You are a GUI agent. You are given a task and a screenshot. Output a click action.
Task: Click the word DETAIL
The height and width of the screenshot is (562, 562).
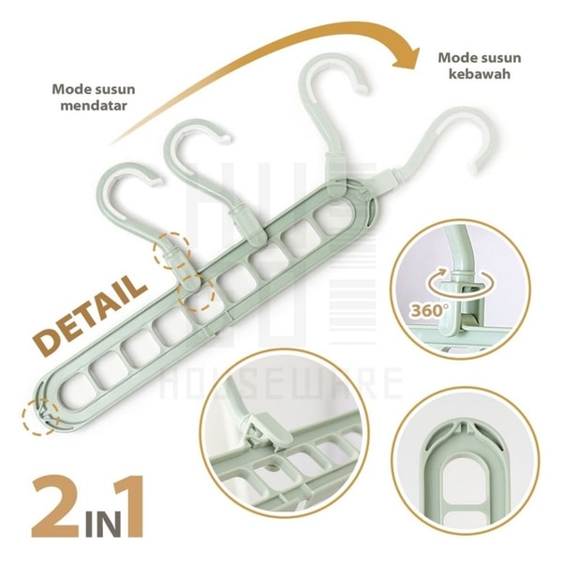tap(91, 314)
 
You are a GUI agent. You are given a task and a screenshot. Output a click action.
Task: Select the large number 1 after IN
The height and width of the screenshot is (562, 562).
tap(130, 507)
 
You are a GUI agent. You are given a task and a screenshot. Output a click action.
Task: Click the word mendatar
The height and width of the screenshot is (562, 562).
tap(94, 106)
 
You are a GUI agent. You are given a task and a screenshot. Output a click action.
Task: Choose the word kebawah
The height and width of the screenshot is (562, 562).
tap(480, 74)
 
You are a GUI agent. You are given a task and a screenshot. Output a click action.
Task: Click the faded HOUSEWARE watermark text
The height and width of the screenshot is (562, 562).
tap(281, 383)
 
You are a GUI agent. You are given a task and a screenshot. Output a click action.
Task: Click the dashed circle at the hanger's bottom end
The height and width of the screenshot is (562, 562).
tap(40, 417)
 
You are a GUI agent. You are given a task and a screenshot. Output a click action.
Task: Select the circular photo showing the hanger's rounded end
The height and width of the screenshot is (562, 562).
tap(465, 463)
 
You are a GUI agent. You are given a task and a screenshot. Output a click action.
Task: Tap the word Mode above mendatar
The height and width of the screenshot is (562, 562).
tap(69, 90)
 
